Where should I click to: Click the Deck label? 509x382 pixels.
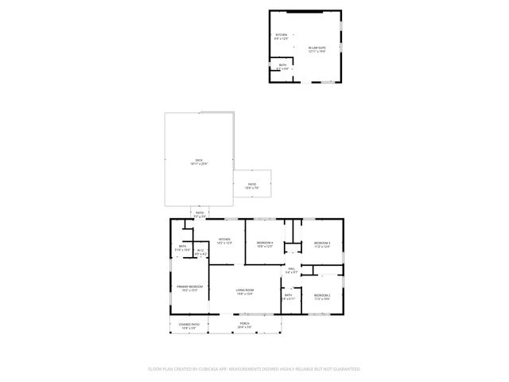199,160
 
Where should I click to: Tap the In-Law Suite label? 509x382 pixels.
317,48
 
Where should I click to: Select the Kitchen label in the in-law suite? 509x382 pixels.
281,36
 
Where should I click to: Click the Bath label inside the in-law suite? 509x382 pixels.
282,66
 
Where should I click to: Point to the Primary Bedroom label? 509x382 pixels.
189,286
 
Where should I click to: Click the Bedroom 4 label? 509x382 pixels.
265,244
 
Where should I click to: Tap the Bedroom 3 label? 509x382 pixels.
321,244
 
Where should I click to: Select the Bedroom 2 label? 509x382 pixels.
321,296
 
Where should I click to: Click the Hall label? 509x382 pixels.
292,269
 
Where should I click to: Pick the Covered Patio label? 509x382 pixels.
188,325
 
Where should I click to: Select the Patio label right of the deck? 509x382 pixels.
251,185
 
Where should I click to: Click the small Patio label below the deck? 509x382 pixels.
200,213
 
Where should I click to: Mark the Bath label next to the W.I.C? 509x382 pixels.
183,248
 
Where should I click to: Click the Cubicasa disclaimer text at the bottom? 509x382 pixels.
254,368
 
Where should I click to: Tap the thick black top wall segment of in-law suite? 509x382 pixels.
305,11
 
